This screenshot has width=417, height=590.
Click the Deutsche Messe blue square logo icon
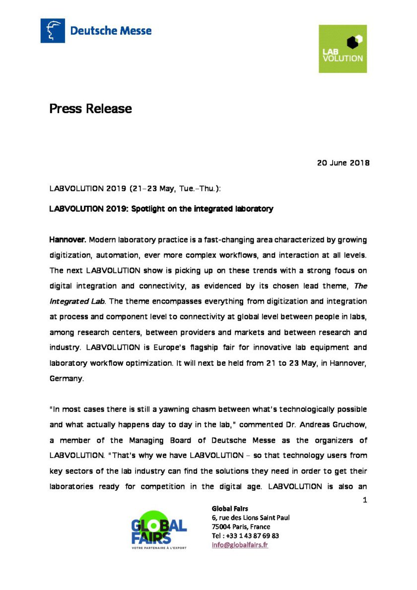(53, 31)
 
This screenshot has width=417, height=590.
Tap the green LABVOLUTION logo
(343, 49)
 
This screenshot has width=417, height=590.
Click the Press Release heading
(90, 108)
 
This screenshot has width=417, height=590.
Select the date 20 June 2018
(343, 163)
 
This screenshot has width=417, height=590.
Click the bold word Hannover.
(68, 240)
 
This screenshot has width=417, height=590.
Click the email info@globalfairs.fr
(240, 545)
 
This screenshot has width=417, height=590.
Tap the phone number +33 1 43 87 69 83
(252, 536)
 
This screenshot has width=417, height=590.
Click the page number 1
(365, 500)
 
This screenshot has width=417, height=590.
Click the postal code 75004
(222, 527)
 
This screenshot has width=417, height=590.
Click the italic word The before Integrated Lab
(361, 286)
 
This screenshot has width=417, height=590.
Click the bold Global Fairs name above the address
(230, 509)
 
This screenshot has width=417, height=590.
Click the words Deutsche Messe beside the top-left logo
(111, 31)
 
